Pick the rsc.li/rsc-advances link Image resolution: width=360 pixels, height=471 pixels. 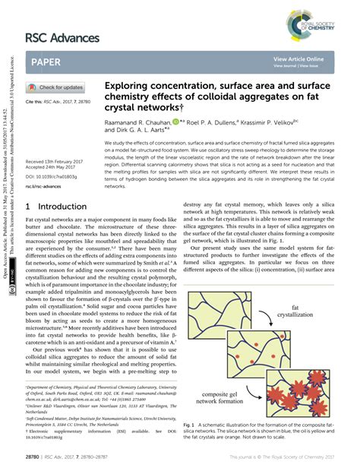[44, 186]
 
